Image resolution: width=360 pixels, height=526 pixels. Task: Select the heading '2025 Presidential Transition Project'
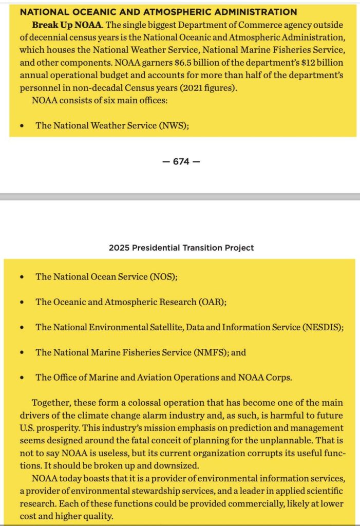181,248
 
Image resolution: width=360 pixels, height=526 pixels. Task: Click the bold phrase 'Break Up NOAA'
60,25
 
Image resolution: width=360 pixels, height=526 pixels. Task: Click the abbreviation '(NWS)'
174,125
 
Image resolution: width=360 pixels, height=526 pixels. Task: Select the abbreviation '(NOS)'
163,277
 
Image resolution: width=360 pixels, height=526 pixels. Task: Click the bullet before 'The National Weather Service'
21,126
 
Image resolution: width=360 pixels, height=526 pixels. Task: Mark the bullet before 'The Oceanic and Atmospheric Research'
21,302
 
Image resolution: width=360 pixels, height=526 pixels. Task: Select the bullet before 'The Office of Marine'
21,378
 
